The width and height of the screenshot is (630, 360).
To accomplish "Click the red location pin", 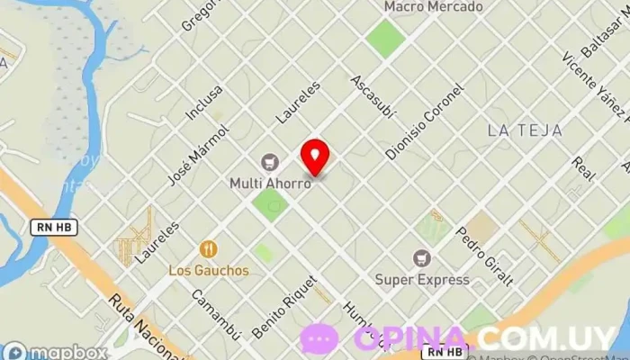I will click(315, 157).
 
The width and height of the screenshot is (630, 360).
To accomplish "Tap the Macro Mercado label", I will click(433, 7).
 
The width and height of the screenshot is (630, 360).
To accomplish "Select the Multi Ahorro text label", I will click(270, 183).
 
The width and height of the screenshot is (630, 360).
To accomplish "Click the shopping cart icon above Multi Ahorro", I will click(269, 163).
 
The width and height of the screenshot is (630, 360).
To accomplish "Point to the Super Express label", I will click(422, 279).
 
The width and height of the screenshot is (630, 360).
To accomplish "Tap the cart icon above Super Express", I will click(422, 258).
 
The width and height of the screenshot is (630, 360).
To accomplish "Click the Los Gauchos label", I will click(209, 270).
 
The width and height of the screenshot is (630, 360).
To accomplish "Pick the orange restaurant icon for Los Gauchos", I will click(209, 249).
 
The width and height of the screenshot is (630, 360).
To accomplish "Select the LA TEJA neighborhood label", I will click(525, 130).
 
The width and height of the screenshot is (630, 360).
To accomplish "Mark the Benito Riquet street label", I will click(285, 306).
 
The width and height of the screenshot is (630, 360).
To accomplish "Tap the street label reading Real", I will click(584, 167).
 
